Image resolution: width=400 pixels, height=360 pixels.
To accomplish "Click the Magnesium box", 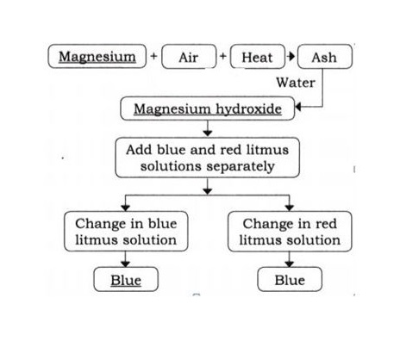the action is pyautogui.click(x=97, y=56).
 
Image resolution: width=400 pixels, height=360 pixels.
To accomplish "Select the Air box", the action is pyautogui.click(x=189, y=57).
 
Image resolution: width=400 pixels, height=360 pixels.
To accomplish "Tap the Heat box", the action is pyautogui.click(x=258, y=57).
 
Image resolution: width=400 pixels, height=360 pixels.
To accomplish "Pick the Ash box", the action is pyautogui.click(x=325, y=57).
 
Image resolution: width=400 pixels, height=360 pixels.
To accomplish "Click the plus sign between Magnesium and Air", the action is pyautogui.click(x=153, y=55).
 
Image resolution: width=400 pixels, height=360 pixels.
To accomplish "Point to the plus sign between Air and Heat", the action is pyautogui.click(x=223, y=55).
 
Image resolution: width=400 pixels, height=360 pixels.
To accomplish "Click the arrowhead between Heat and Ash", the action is pyautogui.click(x=291, y=56).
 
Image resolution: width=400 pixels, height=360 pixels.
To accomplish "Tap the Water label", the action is pyautogui.click(x=296, y=83).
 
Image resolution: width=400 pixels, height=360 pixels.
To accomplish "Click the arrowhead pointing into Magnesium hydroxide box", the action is pyautogui.click(x=298, y=107).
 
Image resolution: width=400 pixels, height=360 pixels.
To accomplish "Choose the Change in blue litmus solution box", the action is pyautogui.click(x=126, y=232).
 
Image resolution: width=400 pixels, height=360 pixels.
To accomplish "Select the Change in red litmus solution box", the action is pyautogui.click(x=290, y=232).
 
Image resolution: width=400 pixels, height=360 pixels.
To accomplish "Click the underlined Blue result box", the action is pyautogui.click(x=126, y=279).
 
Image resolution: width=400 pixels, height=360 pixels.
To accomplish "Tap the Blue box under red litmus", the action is pyautogui.click(x=290, y=279).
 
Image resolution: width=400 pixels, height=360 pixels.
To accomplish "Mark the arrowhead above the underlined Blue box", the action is pyautogui.click(x=125, y=264).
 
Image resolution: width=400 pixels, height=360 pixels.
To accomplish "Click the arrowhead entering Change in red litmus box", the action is pyautogui.click(x=290, y=208).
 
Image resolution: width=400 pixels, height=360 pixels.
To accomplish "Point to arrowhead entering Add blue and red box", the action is pyautogui.click(x=208, y=133).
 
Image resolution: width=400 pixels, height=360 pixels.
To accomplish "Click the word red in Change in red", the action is pyautogui.click(x=326, y=224).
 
